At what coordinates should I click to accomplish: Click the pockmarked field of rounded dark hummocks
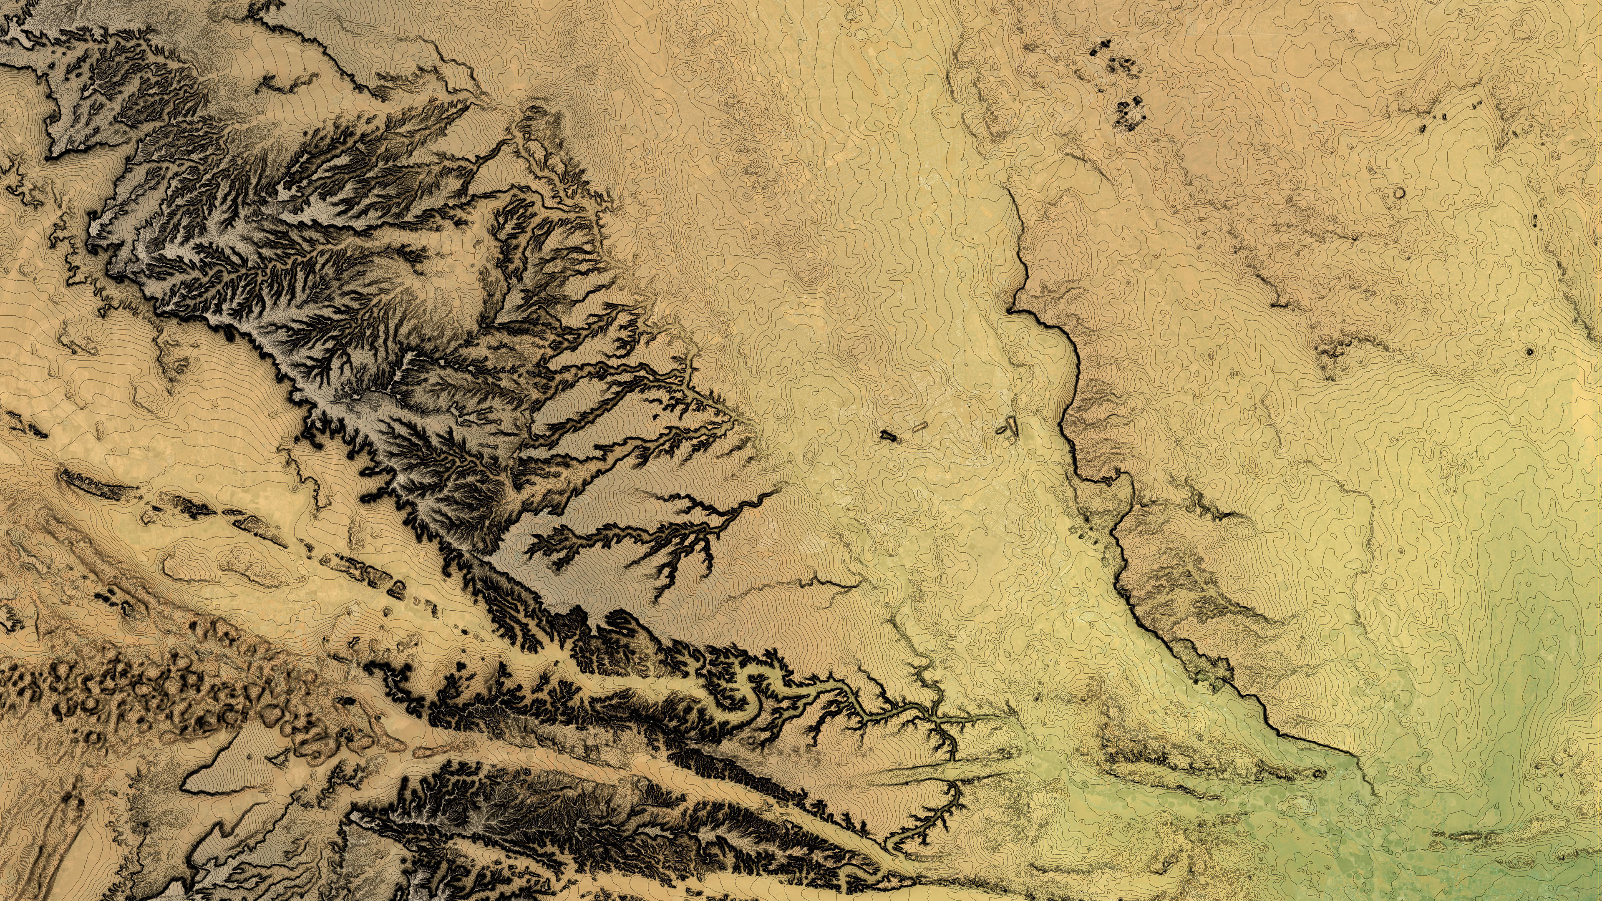[156, 690]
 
